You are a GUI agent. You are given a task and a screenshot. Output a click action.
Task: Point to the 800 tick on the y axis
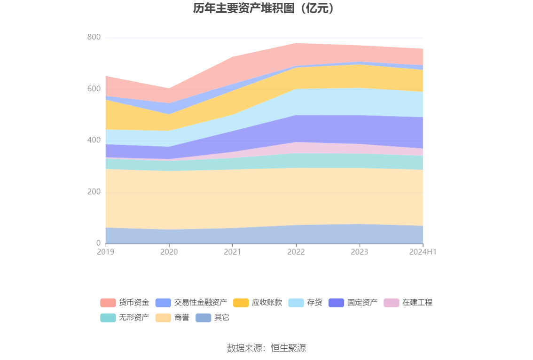tap(94, 37)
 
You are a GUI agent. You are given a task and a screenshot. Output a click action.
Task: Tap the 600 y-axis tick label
tap(94, 89)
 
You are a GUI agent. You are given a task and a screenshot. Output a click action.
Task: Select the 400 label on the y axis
tap(94, 140)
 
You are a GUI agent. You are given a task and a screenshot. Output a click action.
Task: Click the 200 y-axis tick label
tap(94, 192)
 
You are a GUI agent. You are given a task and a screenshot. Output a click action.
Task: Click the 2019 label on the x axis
tap(106, 252)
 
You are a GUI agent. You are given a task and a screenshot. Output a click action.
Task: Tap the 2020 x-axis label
tap(169, 252)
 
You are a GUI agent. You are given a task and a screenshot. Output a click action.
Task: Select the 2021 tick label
tap(233, 252)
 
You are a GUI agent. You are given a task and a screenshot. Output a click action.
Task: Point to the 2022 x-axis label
tap(296, 252)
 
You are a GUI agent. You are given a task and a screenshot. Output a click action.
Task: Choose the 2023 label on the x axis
tap(360, 252)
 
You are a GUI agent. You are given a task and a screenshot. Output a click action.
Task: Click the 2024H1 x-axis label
tap(423, 252)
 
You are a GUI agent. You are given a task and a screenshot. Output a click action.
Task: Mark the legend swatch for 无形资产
tap(108, 318)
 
